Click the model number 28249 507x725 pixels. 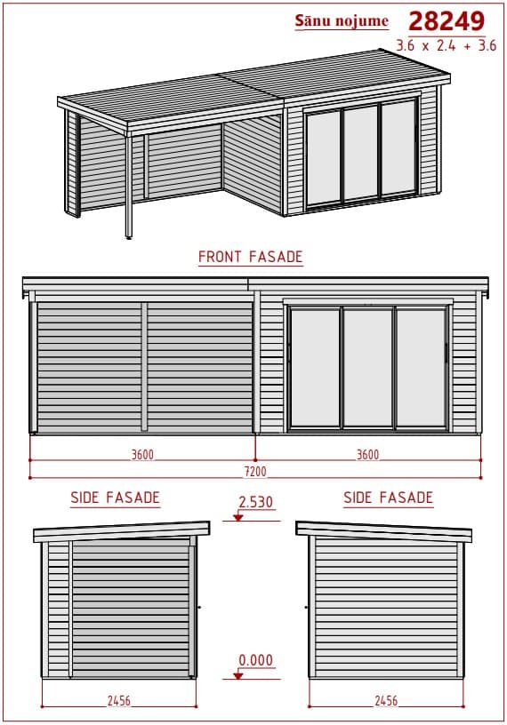[x=447, y=21]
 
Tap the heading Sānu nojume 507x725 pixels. [x=342, y=20]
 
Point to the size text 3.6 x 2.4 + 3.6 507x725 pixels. [x=447, y=45]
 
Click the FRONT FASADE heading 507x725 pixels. [x=251, y=257]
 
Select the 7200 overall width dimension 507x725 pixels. [x=255, y=471]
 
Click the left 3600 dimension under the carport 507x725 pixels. [x=142, y=455]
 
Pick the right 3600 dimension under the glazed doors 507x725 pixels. [x=367, y=455]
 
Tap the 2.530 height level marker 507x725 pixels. [x=256, y=502]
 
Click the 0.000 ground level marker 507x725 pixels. [x=256, y=660]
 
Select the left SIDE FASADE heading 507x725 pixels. [x=116, y=498]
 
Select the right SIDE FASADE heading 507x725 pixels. [x=389, y=498]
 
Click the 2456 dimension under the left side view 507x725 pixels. [x=119, y=701]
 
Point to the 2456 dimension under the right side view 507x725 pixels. [x=386, y=701]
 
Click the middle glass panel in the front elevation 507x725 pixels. [x=368, y=368]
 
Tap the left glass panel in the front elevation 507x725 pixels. [x=315, y=368]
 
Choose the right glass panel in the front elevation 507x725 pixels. [x=422, y=368]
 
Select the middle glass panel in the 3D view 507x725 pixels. [x=361, y=153]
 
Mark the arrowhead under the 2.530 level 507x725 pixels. [x=238, y=517]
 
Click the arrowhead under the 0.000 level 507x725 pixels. [x=238, y=675]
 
